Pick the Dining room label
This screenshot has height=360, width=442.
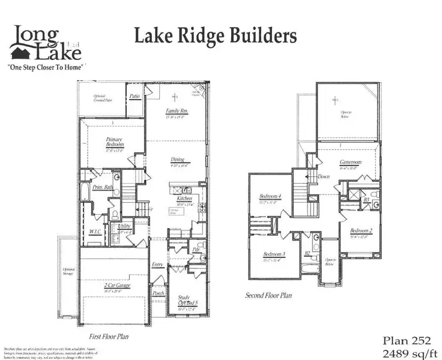178,160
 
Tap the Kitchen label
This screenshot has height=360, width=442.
184,198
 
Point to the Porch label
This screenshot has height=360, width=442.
159,293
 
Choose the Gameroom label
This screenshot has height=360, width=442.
349,163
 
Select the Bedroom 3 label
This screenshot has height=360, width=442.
273,254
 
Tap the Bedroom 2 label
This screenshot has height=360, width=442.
362,232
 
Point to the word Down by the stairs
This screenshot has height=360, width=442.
324,176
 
